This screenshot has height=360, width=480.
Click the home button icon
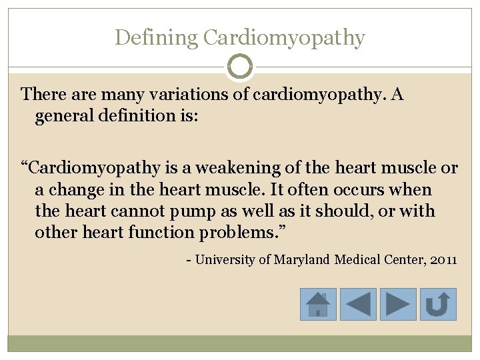coord(318,304)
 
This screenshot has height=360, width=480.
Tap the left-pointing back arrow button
coord(358,304)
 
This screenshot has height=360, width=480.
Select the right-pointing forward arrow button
coord(398,304)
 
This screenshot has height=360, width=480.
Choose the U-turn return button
coord(438,304)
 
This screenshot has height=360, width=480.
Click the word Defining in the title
coord(156,38)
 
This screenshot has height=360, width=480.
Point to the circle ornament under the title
coord(240,67)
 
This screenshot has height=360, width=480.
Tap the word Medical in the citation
coord(359,259)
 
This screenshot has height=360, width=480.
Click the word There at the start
coord(42,95)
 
